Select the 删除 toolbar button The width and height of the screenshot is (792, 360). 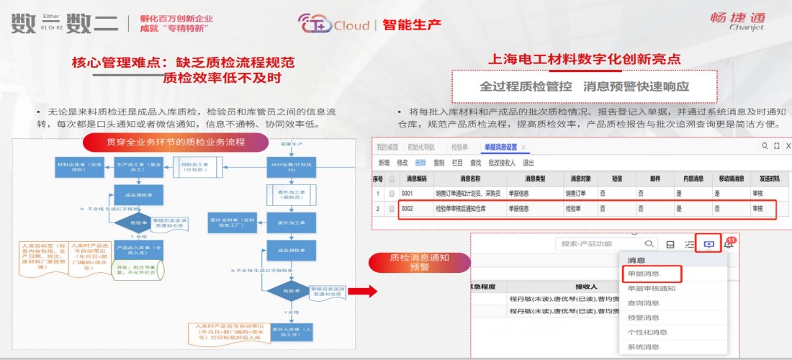coord(420,163)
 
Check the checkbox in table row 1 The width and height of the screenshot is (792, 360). coord(392,194)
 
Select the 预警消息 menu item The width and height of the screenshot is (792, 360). coord(643,318)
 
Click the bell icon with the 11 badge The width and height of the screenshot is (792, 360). coord(729,244)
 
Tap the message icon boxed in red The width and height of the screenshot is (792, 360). coord(708,244)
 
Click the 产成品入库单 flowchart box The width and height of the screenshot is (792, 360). coord(139,250)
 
